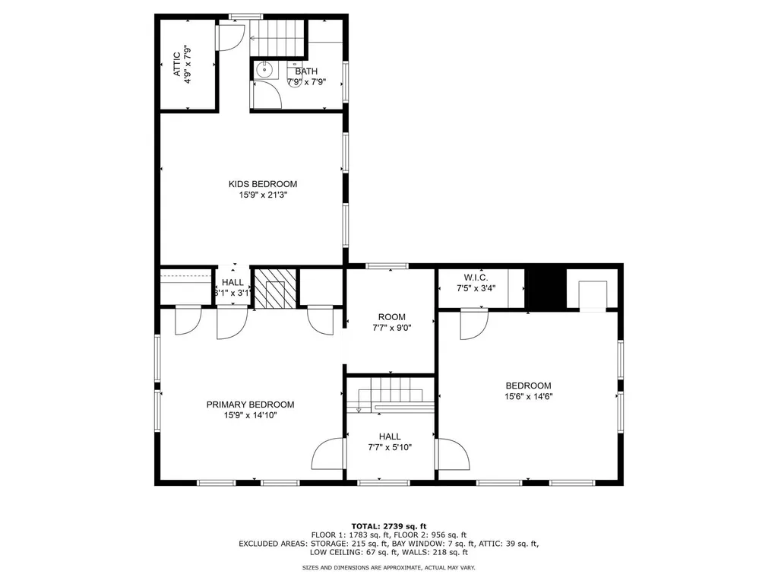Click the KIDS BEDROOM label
pyautogui.click(x=263, y=184)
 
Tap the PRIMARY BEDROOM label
pyautogui.click(x=250, y=405)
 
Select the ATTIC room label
pyautogui.click(x=177, y=64)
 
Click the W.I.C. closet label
pyautogui.click(x=476, y=277)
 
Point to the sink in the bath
pyautogui.click(x=264, y=69)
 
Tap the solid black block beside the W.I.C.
pyautogui.click(x=546, y=287)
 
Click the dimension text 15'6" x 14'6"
pyautogui.click(x=528, y=396)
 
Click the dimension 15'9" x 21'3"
pyautogui.click(x=263, y=195)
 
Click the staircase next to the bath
pyautogui.click(x=278, y=36)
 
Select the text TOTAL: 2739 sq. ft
pyautogui.click(x=389, y=526)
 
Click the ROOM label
pyautogui.click(x=392, y=317)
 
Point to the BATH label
pyautogui.click(x=307, y=71)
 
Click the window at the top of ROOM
pyautogui.click(x=387, y=266)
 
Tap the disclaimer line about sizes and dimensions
pyautogui.click(x=389, y=568)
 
